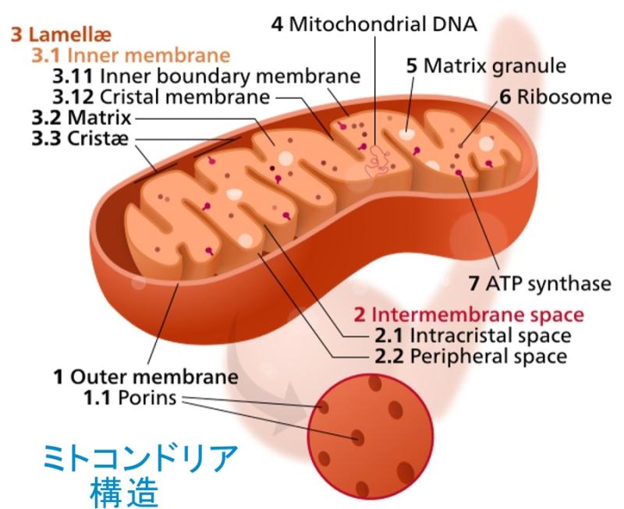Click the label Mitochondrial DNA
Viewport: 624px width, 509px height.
(x=382, y=23)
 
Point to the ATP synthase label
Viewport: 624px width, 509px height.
(x=546, y=284)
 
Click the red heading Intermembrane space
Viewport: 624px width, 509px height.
(x=477, y=315)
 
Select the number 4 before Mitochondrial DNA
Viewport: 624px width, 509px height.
(x=278, y=23)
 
